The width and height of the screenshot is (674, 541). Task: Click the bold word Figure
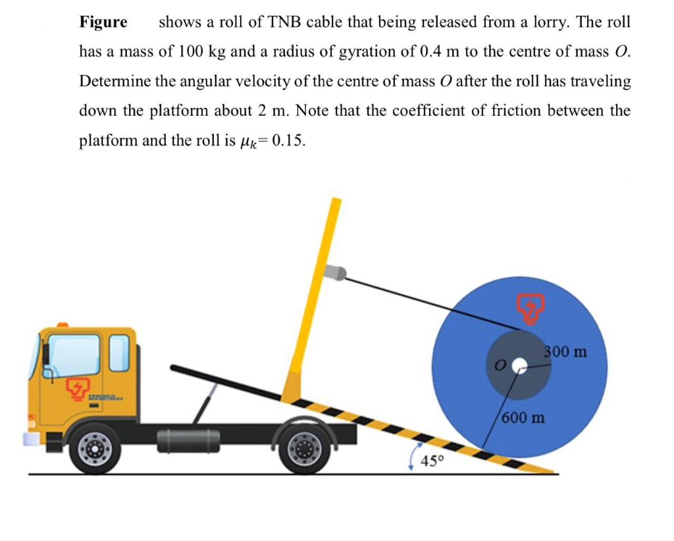point(103,22)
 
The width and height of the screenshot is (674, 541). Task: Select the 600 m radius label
point(524,417)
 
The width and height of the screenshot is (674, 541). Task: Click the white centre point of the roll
point(519,363)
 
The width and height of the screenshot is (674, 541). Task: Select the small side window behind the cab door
point(118,352)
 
